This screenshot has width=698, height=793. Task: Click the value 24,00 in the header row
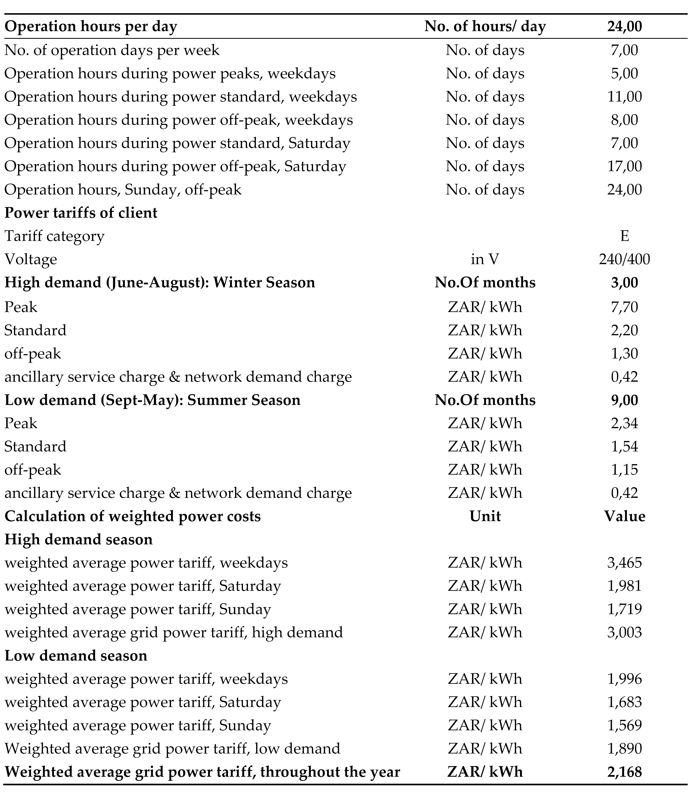click(x=624, y=26)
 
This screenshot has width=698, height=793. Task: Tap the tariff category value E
click(x=624, y=236)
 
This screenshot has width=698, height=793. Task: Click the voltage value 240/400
click(x=624, y=259)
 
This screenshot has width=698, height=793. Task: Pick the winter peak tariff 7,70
click(x=624, y=307)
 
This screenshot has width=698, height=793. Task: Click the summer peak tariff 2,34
click(x=624, y=423)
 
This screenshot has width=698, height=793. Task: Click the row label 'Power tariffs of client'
click(x=81, y=213)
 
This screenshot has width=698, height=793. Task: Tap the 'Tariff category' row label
click(x=54, y=236)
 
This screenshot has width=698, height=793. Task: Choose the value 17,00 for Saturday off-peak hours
click(x=624, y=166)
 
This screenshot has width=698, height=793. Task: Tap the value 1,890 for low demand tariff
click(x=624, y=748)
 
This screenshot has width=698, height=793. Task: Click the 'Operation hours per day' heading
click(x=91, y=26)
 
